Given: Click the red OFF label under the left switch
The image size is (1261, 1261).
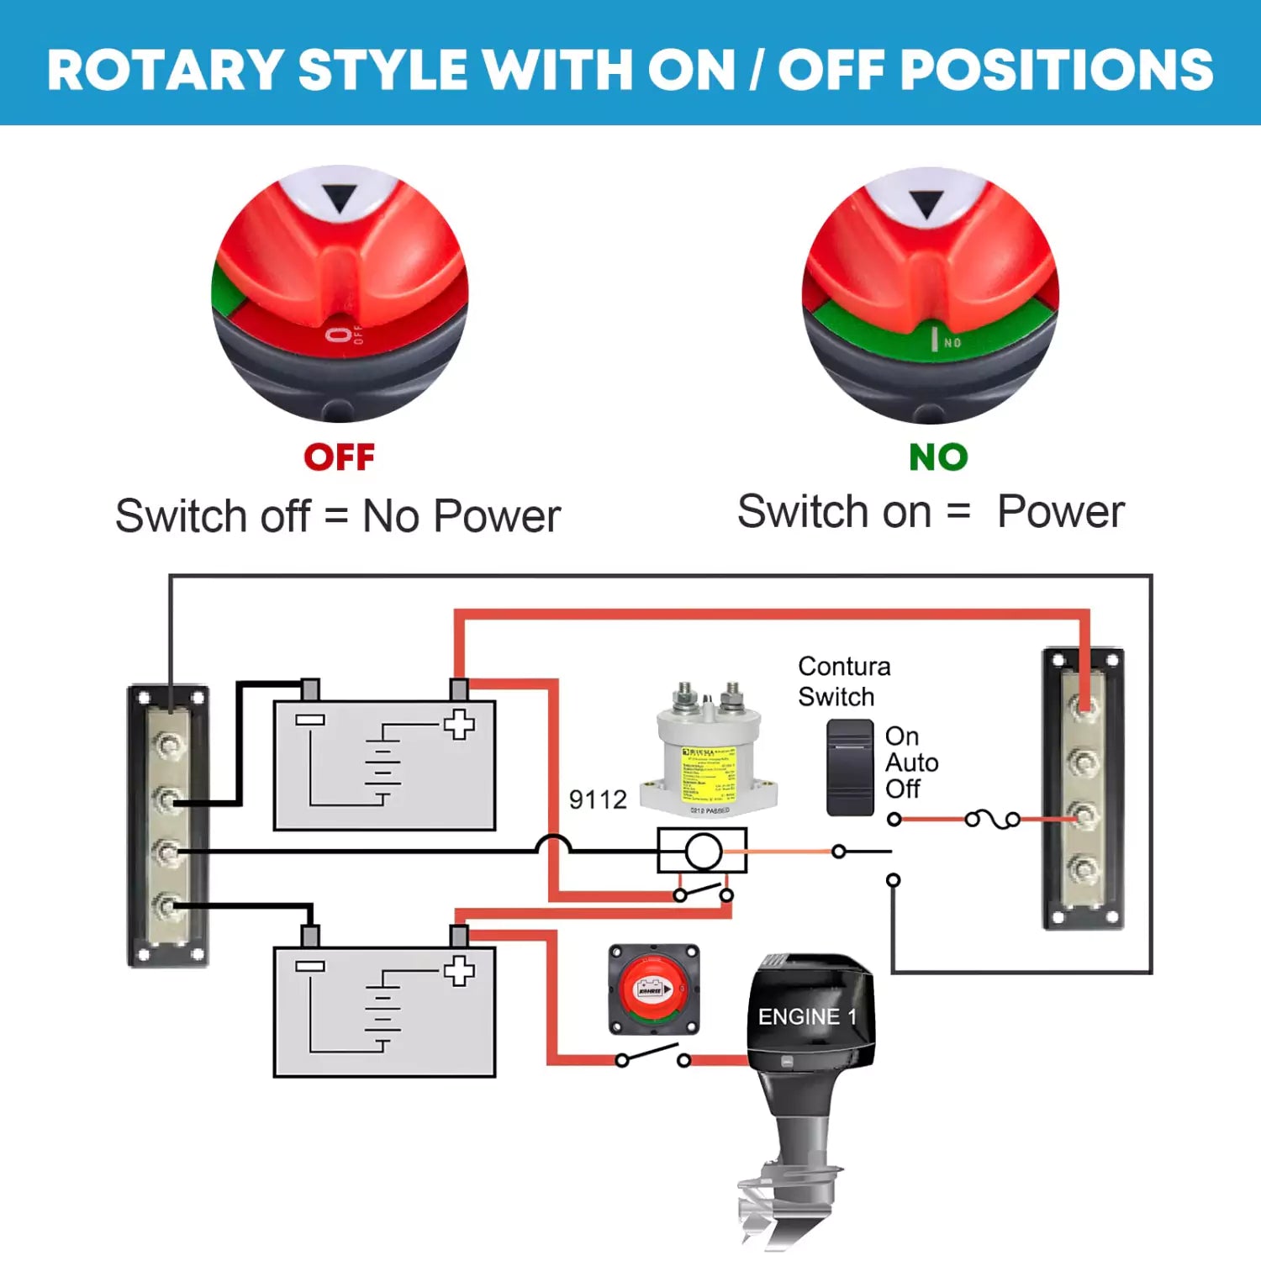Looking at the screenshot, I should [339, 457].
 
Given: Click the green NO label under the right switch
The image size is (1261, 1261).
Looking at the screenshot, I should [938, 457].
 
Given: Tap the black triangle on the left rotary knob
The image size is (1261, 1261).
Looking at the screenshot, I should [340, 199].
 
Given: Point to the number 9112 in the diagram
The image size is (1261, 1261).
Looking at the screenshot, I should [598, 799].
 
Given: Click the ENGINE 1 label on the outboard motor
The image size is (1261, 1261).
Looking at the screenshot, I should [807, 1016].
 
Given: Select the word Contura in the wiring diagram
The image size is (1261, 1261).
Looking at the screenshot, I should [844, 666].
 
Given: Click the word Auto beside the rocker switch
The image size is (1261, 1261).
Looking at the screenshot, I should [911, 762].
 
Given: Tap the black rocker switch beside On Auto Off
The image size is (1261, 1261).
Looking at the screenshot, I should [850, 768].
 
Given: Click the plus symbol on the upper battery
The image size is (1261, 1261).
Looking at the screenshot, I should [459, 724].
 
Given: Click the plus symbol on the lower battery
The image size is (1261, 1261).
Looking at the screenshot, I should [459, 971].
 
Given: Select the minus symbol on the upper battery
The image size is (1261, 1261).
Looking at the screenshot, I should [310, 720].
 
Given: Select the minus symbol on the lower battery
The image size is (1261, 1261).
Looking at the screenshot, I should [310, 966].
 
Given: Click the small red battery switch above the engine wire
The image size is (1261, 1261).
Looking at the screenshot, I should [654, 989].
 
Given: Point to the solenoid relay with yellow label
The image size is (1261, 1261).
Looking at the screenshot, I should [708, 752].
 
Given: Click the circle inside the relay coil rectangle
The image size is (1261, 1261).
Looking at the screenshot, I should [703, 852].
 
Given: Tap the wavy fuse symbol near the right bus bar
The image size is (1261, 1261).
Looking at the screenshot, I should [993, 819].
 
